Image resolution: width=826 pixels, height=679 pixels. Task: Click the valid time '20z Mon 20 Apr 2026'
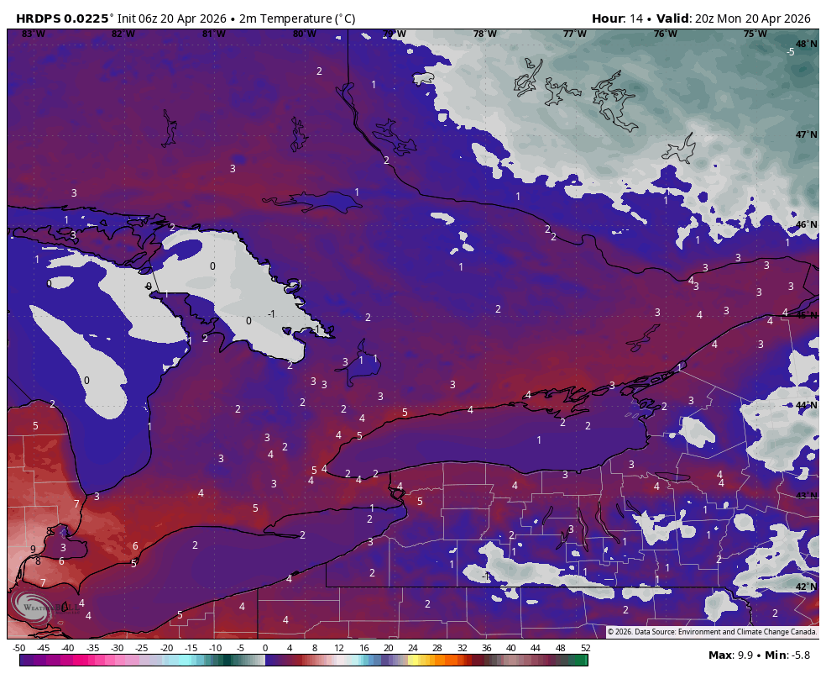[753, 18]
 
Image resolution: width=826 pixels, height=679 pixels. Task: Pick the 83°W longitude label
[33, 34]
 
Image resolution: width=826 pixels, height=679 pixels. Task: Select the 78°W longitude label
[484, 34]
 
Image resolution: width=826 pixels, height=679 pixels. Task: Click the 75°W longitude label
[755, 34]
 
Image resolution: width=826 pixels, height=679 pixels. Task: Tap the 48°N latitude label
[806, 44]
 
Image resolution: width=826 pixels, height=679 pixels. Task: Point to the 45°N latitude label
[806, 315]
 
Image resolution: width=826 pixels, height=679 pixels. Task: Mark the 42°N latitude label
[806, 587]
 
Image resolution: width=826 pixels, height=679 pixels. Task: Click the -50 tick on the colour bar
[18, 648]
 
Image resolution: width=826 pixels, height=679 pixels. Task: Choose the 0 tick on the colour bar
[265, 648]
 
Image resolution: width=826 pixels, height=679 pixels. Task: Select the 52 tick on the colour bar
[585, 648]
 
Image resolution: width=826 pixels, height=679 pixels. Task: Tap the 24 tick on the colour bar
[413, 648]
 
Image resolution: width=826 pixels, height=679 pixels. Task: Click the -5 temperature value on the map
[790, 52]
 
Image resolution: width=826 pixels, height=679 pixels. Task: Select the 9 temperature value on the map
[33, 549]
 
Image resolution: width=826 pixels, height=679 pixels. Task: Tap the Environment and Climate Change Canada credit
[747, 631]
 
